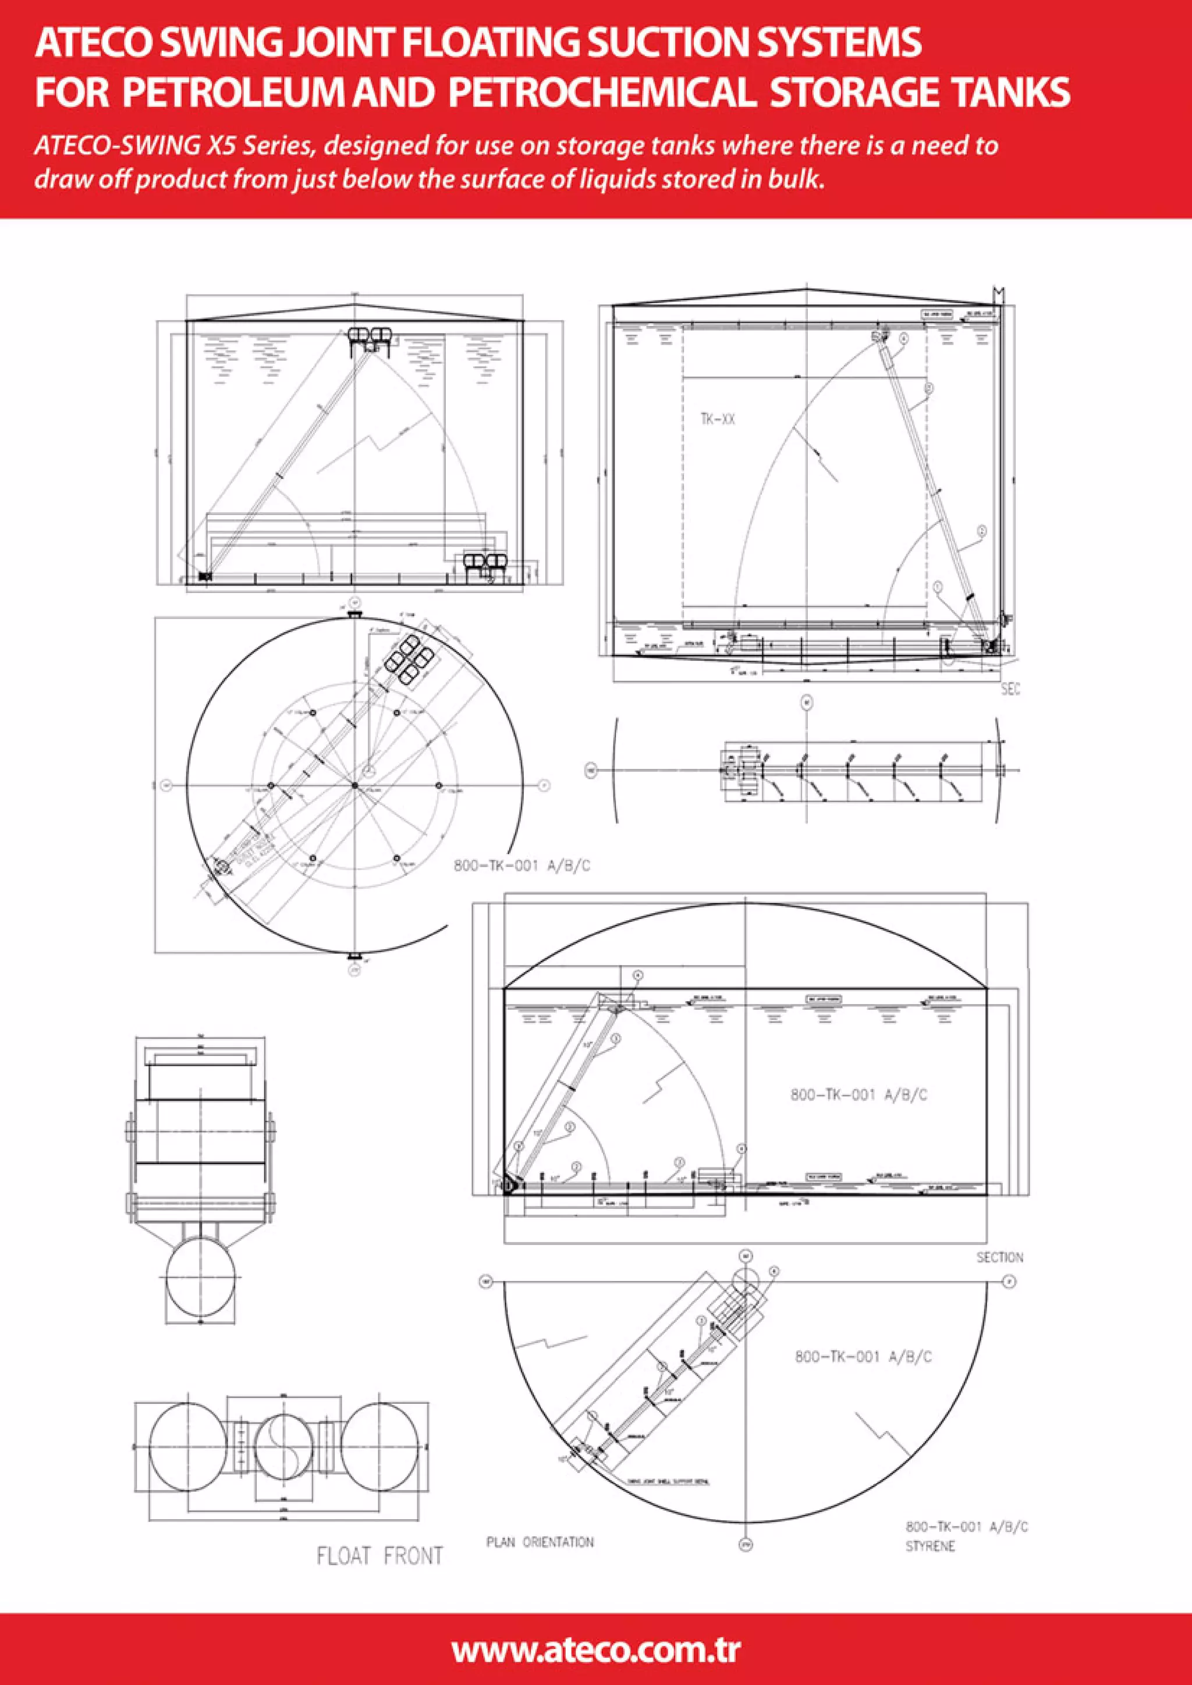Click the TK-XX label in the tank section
pyautogui.click(x=717, y=419)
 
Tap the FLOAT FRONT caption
pyautogui.click(x=379, y=1555)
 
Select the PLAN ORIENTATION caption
pyautogui.click(x=540, y=1542)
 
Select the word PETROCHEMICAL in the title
pyautogui.click(x=601, y=93)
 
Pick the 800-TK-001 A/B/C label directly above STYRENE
pyautogui.click(x=966, y=1527)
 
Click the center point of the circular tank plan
pyautogui.click(x=354, y=785)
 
